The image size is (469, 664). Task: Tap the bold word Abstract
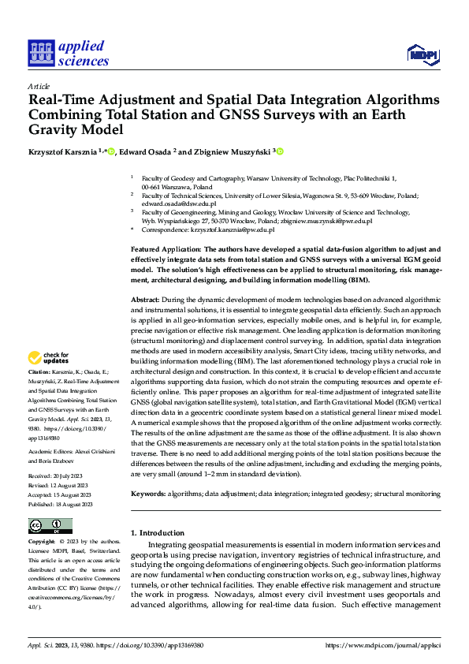click(144, 300)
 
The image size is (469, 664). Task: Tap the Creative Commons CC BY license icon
click(50, 526)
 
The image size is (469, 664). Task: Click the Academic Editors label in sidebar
click(52, 451)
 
